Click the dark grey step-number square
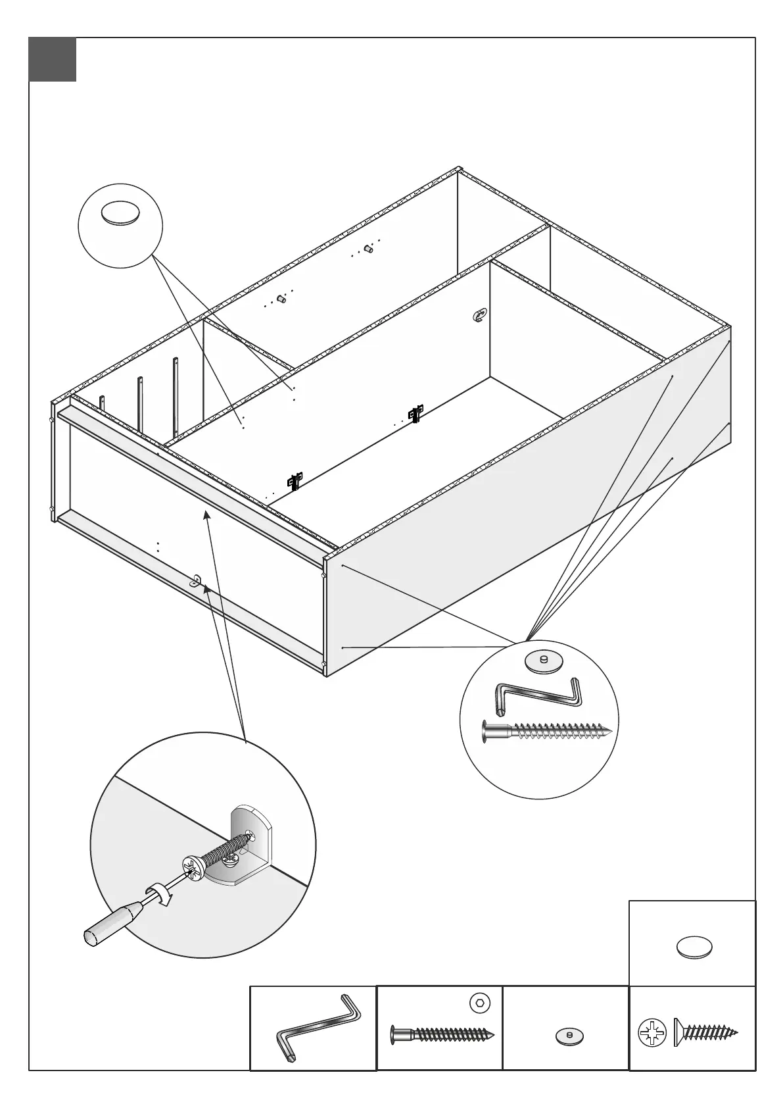pyautogui.click(x=53, y=60)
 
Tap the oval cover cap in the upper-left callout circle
pyautogui.click(x=120, y=213)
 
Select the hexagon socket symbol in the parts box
pyautogui.click(x=481, y=1003)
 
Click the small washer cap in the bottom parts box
pyautogui.click(x=569, y=1035)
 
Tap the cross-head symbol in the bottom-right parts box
pyautogui.click(x=652, y=1032)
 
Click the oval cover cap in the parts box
pyautogui.click(x=694, y=947)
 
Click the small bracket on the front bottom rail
pyautogui.click(x=197, y=580)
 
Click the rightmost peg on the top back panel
pyautogui.click(x=369, y=249)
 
